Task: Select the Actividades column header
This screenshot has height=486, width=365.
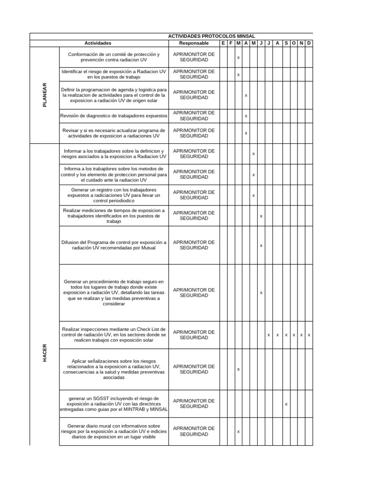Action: (x=98, y=43)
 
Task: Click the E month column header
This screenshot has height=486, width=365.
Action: (x=223, y=43)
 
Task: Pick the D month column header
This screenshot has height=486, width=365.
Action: (x=309, y=43)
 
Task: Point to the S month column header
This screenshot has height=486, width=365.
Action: (x=286, y=43)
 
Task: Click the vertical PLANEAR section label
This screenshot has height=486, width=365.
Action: (x=45, y=95)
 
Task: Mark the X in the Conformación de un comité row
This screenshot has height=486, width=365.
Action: (x=238, y=57)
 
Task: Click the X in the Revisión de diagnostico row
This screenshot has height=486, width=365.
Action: (x=246, y=116)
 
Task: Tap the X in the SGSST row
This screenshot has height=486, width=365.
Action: (x=286, y=404)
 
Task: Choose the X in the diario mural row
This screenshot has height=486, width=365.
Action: (x=238, y=431)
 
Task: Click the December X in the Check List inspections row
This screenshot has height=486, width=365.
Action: (x=309, y=335)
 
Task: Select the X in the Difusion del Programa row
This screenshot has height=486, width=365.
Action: (x=261, y=245)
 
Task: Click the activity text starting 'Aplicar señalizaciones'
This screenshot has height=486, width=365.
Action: (x=114, y=369)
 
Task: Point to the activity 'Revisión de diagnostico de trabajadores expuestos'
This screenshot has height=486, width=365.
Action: (x=114, y=116)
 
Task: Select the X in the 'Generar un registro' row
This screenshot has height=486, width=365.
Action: (x=253, y=195)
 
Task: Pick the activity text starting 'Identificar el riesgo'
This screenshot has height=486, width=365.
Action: (x=114, y=74)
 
